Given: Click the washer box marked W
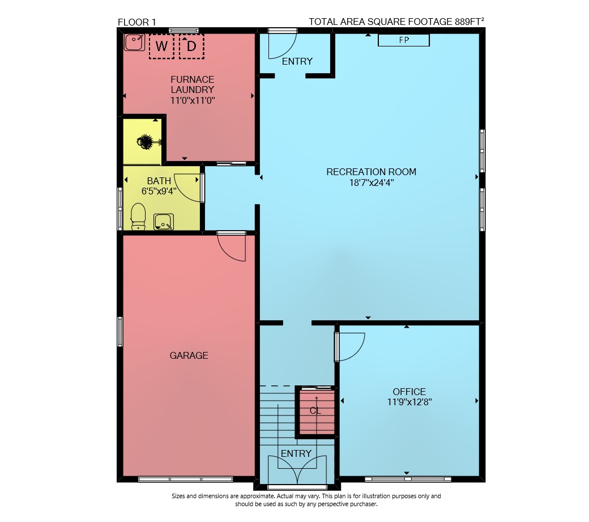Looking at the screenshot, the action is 161,46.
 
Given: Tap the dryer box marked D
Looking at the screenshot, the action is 191,46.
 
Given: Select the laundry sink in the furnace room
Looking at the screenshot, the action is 134,42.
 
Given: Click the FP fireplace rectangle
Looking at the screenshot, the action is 403,40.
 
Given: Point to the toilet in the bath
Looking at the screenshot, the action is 138,217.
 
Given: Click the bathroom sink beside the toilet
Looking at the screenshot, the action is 164,222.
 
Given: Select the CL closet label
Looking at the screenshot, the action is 315,411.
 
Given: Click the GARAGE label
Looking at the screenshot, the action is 189,355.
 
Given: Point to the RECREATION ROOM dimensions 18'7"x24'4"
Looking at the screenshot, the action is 372,183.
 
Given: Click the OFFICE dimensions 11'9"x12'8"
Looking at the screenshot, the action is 409,402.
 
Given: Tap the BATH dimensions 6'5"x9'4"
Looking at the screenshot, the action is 159,191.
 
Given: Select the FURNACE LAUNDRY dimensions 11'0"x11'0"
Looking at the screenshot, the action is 193,100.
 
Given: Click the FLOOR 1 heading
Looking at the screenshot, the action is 136,22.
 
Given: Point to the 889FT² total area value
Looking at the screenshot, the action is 469,22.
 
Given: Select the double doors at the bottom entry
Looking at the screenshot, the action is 297,470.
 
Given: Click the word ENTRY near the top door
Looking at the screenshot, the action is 297,61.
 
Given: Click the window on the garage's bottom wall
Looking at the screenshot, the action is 186,479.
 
